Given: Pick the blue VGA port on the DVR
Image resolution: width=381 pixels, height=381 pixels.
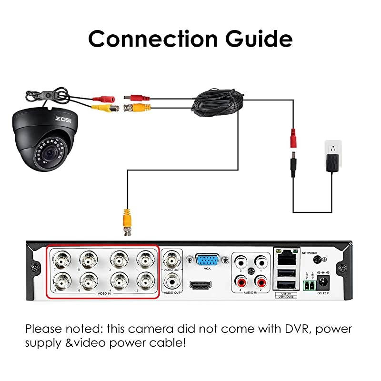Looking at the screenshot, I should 206,261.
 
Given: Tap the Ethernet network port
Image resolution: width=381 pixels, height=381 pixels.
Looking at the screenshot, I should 285,257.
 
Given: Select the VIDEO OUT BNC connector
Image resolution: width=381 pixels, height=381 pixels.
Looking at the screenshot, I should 171,260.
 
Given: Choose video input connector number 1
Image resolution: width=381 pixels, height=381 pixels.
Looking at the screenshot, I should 145,260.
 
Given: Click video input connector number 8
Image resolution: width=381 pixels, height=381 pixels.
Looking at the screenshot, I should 61,281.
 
